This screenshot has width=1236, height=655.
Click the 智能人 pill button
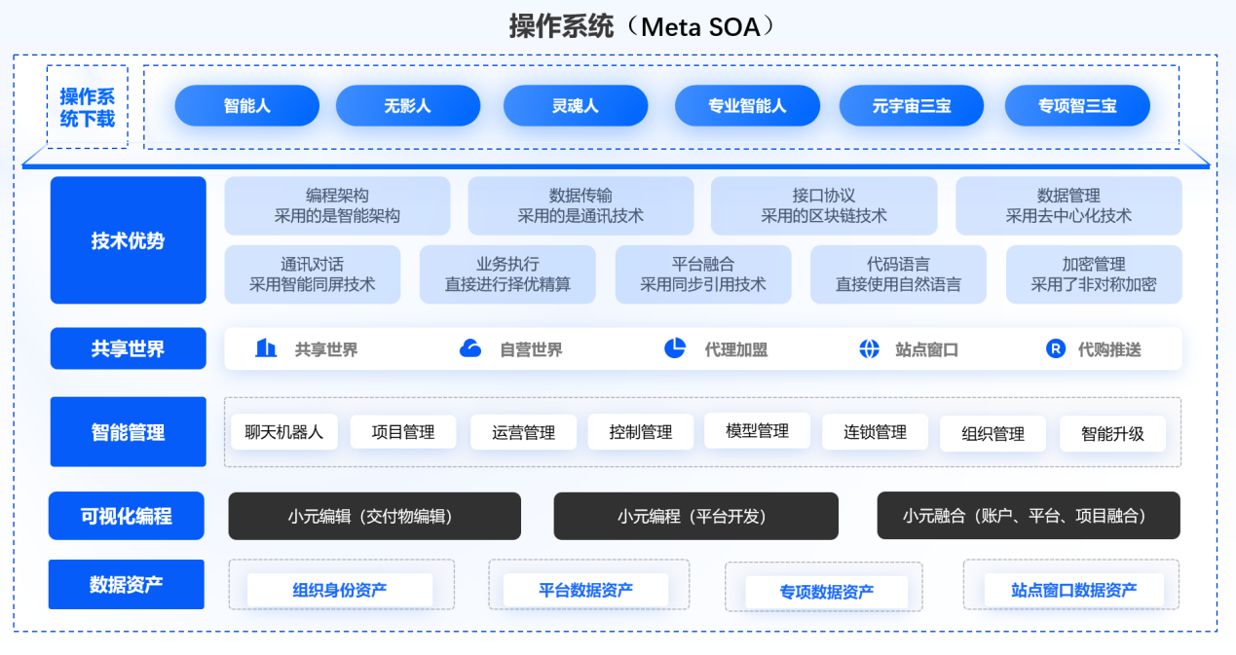coord(246,106)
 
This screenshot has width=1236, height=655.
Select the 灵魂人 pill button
coord(575,106)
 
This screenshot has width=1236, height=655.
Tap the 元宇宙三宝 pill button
coord(912,106)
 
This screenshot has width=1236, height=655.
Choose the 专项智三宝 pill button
coord(1076,106)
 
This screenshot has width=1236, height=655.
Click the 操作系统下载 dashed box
coord(87,107)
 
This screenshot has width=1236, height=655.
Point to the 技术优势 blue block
coord(128,240)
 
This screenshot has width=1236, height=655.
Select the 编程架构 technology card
coord(337,205)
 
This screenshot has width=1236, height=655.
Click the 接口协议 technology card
coord(824,205)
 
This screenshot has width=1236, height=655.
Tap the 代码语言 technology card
coord(898,274)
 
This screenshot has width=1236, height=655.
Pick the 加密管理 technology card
coord(1094,274)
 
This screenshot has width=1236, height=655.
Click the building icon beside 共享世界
coord(266,348)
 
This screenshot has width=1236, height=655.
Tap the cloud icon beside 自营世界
coord(470,348)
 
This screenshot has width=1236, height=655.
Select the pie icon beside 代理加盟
coord(675,348)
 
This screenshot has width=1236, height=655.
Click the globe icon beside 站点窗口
coord(870,348)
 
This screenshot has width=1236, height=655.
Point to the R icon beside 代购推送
coord(1056,348)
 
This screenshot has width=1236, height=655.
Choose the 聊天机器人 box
coord(284,431)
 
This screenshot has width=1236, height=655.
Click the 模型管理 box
coord(757,430)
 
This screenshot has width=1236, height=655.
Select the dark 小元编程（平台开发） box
coord(695,516)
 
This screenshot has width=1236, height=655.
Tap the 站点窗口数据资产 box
coord(1073,590)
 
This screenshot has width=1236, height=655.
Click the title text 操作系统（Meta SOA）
coord(643,26)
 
